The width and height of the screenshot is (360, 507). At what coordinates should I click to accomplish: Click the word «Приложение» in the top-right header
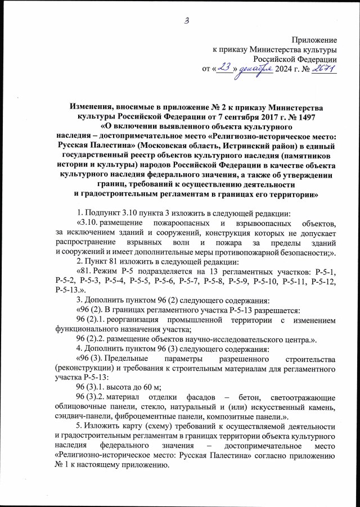(314, 40)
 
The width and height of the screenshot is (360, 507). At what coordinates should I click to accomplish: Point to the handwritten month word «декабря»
(253, 69)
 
